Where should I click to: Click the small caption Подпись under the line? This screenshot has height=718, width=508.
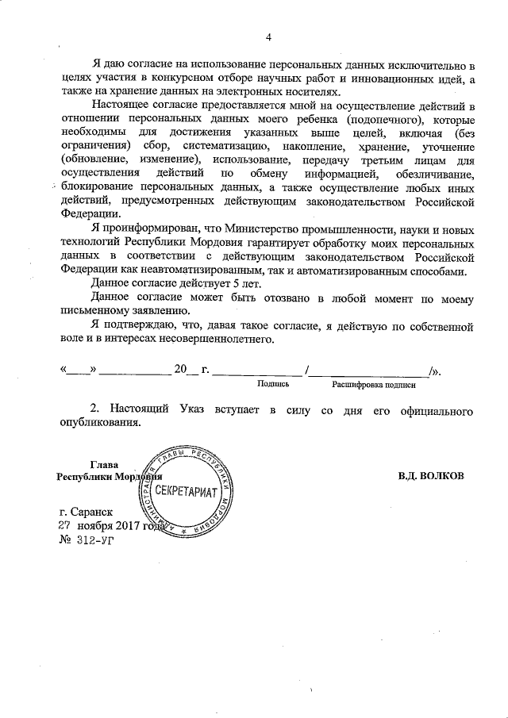273,384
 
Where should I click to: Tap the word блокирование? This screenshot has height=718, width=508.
95,187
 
